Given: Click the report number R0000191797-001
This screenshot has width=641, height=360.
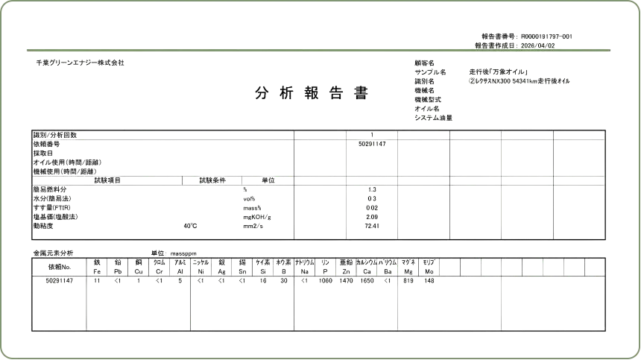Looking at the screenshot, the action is click(546, 37).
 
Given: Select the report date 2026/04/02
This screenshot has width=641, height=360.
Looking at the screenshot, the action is click(538, 45).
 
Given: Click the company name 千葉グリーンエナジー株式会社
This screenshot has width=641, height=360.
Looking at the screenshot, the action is click(80, 63).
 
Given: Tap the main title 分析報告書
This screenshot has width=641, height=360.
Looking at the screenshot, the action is click(312, 93).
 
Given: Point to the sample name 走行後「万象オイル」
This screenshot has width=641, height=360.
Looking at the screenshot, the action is click(499, 72).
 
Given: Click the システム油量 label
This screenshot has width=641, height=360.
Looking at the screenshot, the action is click(433, 118).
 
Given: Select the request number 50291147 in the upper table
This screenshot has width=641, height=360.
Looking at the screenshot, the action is click(372, 144).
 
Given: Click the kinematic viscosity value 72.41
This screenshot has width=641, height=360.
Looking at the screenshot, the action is click(372, 226).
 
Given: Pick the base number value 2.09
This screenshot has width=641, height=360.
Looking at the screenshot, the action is click(372, 217).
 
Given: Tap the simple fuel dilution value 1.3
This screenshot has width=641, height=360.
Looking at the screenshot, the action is click(372, 189).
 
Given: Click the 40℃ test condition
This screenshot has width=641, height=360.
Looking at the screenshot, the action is click(190, 226).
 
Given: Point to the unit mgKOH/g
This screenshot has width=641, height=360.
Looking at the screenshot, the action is click(257, 217).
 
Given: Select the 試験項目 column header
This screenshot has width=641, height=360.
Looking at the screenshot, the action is click(107, 180).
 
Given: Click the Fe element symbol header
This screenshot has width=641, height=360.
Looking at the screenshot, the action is click(97, 271).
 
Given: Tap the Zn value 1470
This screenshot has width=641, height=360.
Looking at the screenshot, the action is click(346, 281).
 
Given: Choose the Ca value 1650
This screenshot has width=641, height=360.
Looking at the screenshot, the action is click(367, 281).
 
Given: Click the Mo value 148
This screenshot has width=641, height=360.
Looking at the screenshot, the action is click(429, 281).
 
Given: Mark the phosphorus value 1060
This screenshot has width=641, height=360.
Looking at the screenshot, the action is click(326, 281).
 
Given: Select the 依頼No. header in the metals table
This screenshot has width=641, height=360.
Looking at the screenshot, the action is click(60, 267).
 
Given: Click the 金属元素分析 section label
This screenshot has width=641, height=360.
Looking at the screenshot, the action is click(53, 253).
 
